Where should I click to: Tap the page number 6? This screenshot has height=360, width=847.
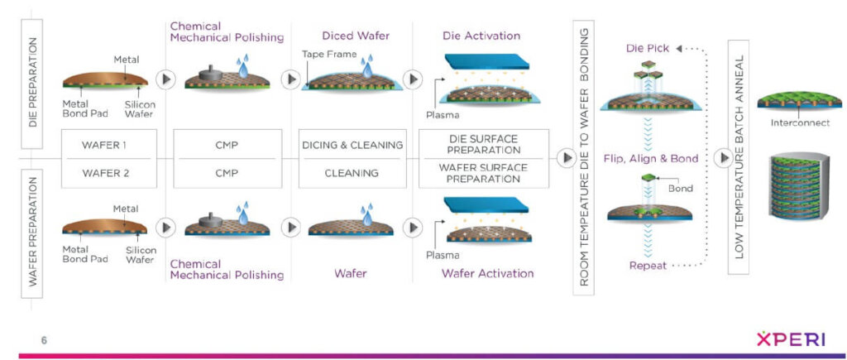pos(44,339)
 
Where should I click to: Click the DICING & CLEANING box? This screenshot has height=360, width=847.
pos(352,144)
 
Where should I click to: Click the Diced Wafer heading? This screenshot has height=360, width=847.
pos(351,36)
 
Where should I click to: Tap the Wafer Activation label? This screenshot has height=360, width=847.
pos(487,273)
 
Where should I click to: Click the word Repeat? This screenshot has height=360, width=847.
pos(648,266)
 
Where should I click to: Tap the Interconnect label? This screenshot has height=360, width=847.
pos(798,123)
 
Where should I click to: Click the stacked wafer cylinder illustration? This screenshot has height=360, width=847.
pos(799,188)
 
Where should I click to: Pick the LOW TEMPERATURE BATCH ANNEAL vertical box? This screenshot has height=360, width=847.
pos(739,157)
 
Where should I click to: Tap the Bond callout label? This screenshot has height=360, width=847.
pos(681,188)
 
